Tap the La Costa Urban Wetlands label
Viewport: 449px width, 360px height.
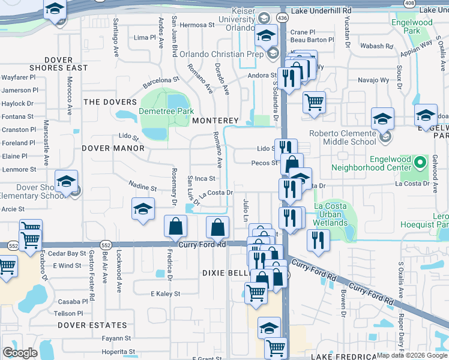(x=331, y=215)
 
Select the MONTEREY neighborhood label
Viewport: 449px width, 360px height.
(x=215, y=121)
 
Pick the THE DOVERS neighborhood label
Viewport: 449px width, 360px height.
(x=110, y=102)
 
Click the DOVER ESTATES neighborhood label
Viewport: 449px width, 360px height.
(x=92, y=325)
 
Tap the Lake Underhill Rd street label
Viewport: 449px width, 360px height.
(x=321, y=11)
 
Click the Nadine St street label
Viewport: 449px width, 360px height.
(x=143, y=186)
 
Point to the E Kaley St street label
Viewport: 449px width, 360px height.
(x=166, y=293)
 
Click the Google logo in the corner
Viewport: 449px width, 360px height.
(x=20, y=353)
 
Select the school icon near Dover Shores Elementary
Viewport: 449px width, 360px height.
(x=66, y=181)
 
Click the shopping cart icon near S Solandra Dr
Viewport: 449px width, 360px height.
(x=314, y=102)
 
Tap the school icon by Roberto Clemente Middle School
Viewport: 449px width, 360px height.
(x=382, y=119)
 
